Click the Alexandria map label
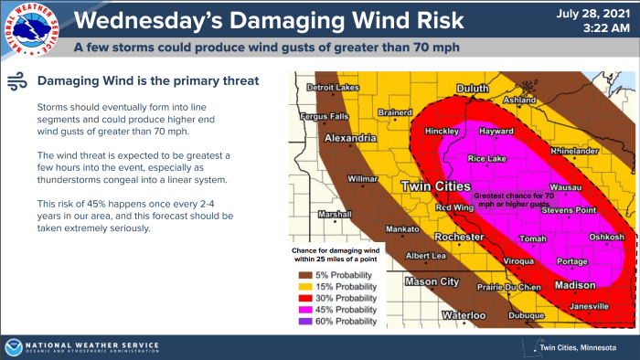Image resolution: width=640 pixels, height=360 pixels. [347, 139]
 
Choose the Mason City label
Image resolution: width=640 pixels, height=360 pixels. [432, 281]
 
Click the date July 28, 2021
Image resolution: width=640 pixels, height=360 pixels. [597, 13]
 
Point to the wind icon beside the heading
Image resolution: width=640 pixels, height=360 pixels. [16, 81]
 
